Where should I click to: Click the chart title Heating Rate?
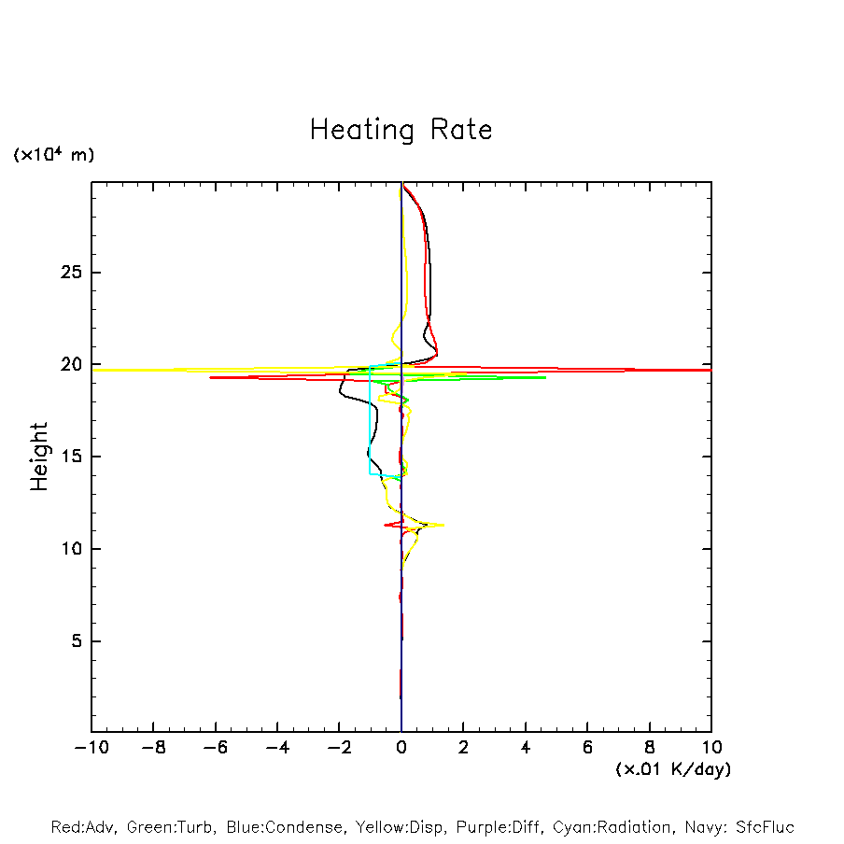401,130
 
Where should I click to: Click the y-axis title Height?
39,457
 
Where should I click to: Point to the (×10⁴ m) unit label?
53,155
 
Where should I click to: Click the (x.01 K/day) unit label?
672,769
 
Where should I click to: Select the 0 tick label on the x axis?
401,748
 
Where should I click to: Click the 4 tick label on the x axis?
526,748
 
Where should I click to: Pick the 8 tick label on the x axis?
650,748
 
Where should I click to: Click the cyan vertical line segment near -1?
370,420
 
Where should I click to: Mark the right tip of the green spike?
545,377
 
